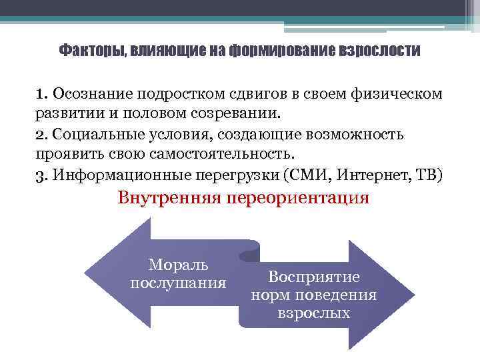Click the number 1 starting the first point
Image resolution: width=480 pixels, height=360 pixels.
pyautogui.click(x=41, y=93)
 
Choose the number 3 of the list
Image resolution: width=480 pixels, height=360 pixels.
pyautogui.click(x=41, y=175)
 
